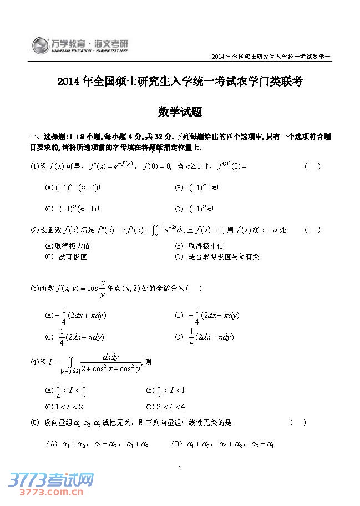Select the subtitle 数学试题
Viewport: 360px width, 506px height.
pyautogui.click(x=180, y=112)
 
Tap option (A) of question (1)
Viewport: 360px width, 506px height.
pyautogui.click(x=73, y=188)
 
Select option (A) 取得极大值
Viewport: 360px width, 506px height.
pyautogui.click(x=68, y=246)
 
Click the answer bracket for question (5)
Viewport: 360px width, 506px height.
pyautogui.click(x=298, y=423)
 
